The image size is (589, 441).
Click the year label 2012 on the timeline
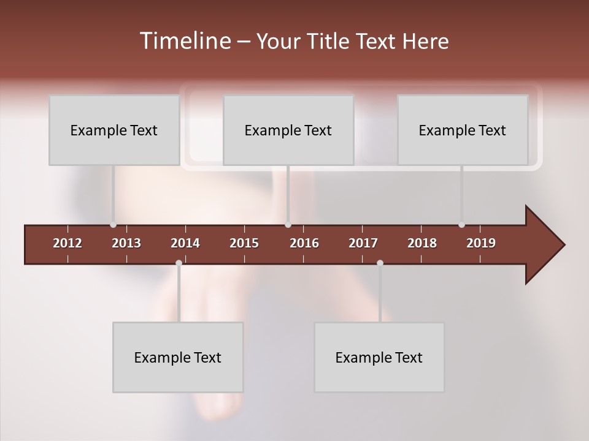click(x=67, y=243)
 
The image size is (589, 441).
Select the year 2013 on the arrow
click(x=126, y=243)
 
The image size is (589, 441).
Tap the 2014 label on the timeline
click(x=185, y=243)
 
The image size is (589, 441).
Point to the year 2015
click(x=244, y=243)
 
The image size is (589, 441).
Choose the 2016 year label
click(x=304, y=243)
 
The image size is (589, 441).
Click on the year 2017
click(x=363, y=243)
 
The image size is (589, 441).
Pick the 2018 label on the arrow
click(x=422, y=243)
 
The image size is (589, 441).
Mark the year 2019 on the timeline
click(x=481, y=243)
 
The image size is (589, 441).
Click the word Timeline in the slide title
click(x=185, y=41)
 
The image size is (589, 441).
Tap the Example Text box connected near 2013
click(x=114, y=130)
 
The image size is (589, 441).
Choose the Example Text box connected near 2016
click(x=288, y=130)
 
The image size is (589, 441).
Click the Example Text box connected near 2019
click(x=463, y=130)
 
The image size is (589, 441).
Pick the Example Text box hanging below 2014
click(x=178, y=357)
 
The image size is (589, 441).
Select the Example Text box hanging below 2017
click(x=379, y=357)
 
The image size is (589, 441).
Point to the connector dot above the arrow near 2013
click(x=113, y=225)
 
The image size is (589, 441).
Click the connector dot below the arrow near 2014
click(x=179, y=263)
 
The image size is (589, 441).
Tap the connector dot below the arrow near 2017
click(x=380, y=263)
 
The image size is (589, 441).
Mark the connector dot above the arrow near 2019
click(x=461, y=225)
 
